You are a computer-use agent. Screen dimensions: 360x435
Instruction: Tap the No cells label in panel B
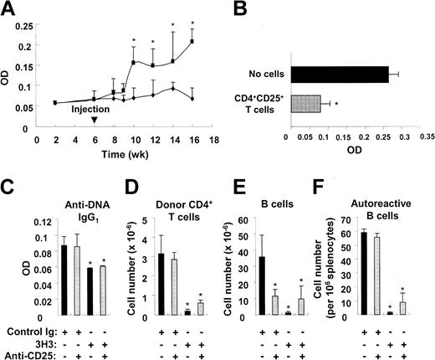[259, 74]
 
